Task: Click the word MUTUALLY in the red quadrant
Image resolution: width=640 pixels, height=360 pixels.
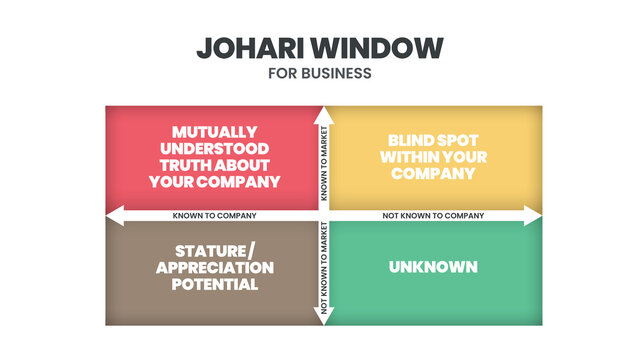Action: tap(214, 132)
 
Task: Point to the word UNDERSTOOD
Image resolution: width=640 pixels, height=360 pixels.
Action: tap(214, 148)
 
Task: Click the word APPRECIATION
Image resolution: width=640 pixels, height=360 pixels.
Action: tap(214, 268)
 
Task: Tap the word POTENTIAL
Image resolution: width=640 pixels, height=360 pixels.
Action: tap(214, 284)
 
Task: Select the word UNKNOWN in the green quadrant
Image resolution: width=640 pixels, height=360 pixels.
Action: tap(433, 267)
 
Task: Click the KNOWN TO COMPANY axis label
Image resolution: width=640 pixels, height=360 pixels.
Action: tap(214, 215)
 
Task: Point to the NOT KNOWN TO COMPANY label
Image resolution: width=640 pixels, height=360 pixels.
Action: tap(433, 215)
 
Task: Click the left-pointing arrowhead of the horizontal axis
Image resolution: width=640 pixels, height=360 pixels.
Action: tap(112, 215)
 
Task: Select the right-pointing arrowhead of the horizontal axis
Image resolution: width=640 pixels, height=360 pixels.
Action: tap(534, 215)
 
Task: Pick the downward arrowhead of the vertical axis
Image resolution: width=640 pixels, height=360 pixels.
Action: tap(323, 320)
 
